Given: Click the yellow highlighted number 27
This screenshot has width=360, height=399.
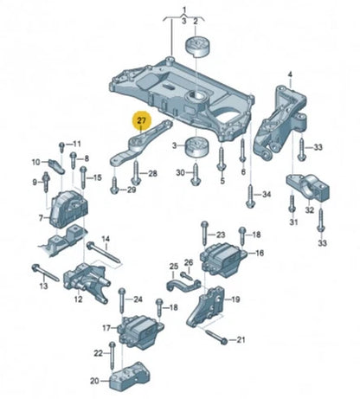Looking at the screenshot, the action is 142,120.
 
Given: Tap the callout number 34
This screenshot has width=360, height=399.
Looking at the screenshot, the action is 267,195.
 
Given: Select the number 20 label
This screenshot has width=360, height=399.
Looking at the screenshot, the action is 94,381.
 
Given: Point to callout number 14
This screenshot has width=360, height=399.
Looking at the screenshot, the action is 106,239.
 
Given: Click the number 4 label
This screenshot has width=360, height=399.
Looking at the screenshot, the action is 290,74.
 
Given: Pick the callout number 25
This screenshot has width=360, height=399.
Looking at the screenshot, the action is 174,266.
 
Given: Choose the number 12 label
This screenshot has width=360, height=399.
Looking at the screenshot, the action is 78,299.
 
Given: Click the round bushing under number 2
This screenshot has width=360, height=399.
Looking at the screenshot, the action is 197,47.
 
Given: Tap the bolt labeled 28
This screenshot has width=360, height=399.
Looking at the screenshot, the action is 136,172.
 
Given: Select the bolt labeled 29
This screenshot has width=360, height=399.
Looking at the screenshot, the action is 114,185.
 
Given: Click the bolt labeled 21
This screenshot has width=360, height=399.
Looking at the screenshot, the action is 215,336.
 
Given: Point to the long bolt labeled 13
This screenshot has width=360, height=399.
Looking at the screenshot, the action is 45,272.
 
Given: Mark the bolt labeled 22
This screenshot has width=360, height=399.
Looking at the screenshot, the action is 112,356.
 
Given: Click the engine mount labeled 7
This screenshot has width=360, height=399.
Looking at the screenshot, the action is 68,209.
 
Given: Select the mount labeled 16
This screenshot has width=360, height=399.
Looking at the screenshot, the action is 223,260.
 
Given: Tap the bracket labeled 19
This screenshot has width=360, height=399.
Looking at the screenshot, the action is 206,307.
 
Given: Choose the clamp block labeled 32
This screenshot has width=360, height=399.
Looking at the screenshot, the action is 308,188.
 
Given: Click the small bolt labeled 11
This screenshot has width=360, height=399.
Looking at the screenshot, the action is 61,147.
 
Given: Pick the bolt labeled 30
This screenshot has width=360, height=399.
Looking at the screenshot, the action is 196,174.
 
